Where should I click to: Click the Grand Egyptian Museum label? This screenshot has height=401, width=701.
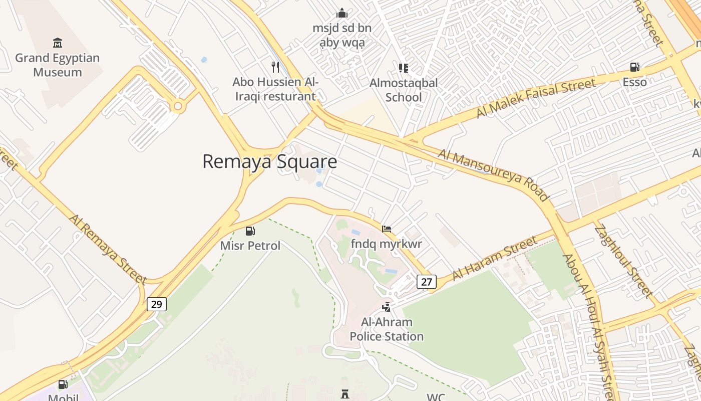[57, 65]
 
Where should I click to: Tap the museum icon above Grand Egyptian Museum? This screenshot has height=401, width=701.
[57, 43]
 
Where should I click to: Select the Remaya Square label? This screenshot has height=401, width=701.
[269, 162]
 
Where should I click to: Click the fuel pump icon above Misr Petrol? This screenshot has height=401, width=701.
[250, 231]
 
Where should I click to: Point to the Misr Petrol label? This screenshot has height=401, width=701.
[250, 246]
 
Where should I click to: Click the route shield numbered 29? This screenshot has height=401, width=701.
[156, 304]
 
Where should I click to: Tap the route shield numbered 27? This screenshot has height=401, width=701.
[426, 282]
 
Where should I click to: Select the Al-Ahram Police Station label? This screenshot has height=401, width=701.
[387, 329]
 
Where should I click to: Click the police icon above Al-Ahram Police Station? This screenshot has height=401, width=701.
[386, 306]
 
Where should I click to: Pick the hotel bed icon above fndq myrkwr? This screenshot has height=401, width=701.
[386, 229]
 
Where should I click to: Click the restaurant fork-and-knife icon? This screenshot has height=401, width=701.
[275, 67]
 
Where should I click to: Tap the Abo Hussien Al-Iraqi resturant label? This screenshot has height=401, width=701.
[275, 89]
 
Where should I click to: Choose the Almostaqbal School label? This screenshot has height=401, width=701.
[404, 90]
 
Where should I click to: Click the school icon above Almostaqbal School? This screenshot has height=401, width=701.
[403, 68]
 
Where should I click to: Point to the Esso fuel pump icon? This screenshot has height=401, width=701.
[634, 67]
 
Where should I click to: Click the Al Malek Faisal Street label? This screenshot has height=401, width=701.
[536, 98]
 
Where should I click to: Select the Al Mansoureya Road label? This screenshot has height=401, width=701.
[493, 174]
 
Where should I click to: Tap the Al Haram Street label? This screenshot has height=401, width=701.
[494, 259]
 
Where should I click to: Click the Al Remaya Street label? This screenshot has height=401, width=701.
[108, 250]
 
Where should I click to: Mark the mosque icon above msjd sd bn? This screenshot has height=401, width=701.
[342, 13]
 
